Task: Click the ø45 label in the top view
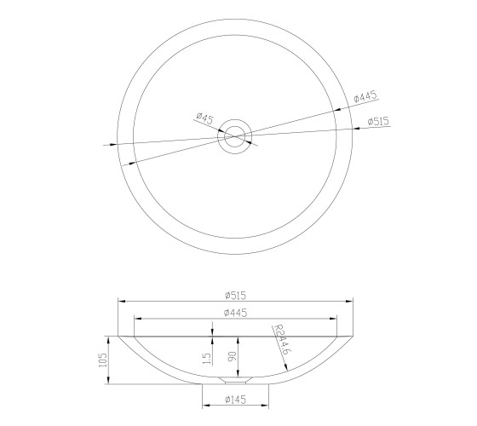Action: (x=205, y=118)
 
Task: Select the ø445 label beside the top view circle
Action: (x=365, y=96)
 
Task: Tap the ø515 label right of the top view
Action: (x=378, y=121)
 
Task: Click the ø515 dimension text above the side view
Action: (x=235, y=296)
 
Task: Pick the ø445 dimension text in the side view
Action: (x=235, y=313)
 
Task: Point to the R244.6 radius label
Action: (x=281, y=339)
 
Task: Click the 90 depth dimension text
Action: (x=232, y=356)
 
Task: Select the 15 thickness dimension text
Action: (x=206, y=359)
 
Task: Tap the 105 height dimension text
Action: (x=103, y=360)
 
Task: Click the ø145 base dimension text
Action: (x=235, y=400)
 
